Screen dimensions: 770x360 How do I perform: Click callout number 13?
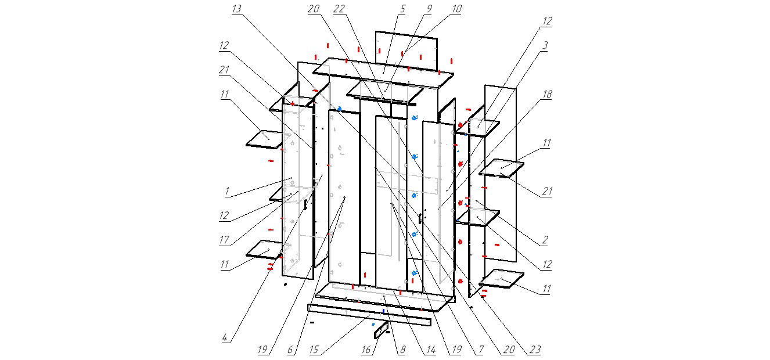(x=236, y=9)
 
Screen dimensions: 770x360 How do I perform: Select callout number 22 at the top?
(x=339, y=9)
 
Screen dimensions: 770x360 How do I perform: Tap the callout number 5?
(x=402, y=9)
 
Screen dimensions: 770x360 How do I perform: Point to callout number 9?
(x=429, y=9)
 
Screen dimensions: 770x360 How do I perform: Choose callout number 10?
(x=456, y=9)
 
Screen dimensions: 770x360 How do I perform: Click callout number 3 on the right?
(x=545, y=45)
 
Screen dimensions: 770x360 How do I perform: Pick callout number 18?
(x=547, y=94)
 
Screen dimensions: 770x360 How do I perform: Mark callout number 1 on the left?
(x=227, y=191)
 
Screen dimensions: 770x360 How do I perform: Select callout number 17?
(x=224, y=240)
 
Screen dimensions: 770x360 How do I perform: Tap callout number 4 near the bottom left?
(x=225, y=337)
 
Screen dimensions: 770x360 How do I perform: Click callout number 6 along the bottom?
(x=290, y=350)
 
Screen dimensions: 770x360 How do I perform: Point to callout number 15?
(x=314, y=350)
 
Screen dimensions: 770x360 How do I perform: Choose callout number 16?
(x=366, y=350)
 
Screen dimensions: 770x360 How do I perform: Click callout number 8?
(x=402, y=350)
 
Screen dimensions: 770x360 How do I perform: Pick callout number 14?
(x=431, y=350)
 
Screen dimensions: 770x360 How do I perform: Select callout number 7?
(x=481, y=350)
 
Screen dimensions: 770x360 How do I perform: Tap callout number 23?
(x=535, y=350)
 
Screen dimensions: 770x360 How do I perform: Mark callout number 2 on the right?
(x=545, y=240)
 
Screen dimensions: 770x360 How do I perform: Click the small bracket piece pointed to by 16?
(x=381, y=329)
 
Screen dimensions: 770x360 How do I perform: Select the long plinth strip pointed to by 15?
(x=369, y=315)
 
